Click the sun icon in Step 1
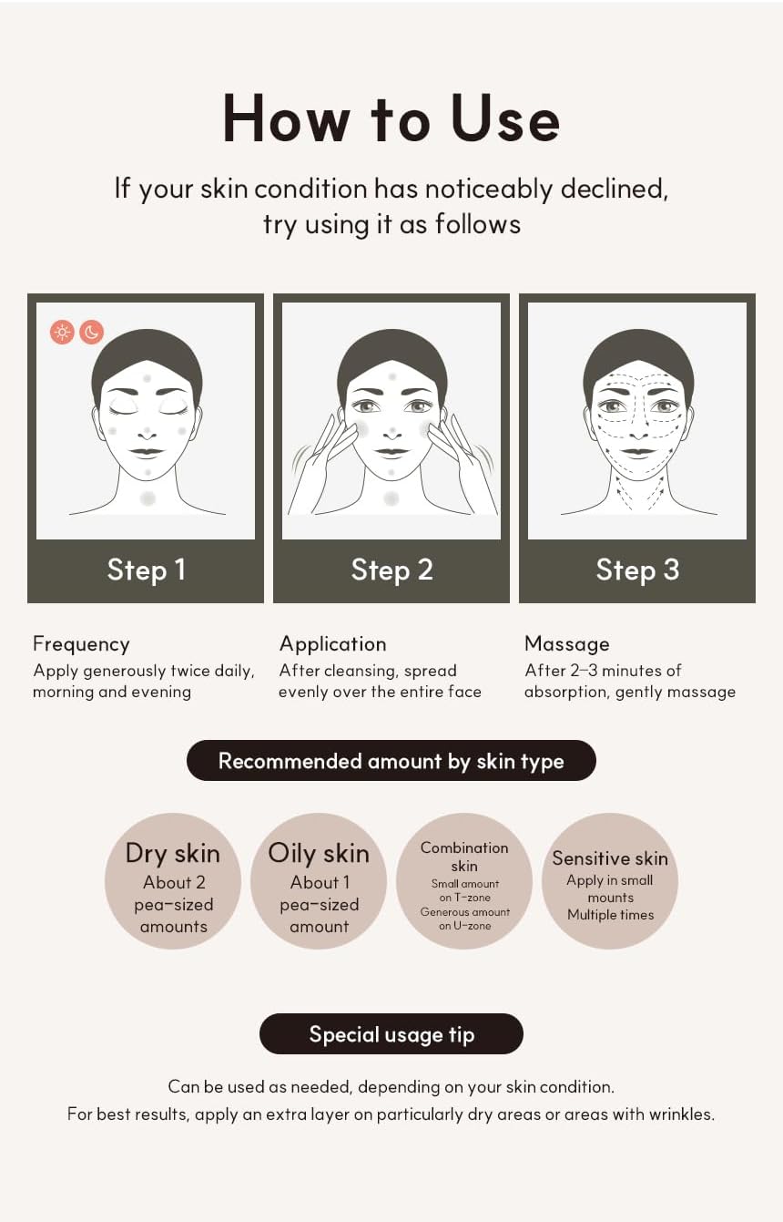(63, 332)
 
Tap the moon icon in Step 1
(91, 332)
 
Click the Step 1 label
(146, 570)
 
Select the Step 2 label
(391, 570)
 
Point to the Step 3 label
(637, 570)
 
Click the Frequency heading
(81, 644)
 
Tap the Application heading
(332, 644)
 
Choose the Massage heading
(566, 644)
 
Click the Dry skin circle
(173, 881)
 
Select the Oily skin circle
(319, 881)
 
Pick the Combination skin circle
(464, 881)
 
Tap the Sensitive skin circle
(610, 881)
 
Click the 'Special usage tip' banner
(391, 1034)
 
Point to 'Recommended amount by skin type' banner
(391, 761)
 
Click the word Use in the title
(506, 118)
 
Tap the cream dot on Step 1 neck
(147, 498)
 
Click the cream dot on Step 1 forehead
(147, 377)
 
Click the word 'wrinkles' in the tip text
(681, 1114)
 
